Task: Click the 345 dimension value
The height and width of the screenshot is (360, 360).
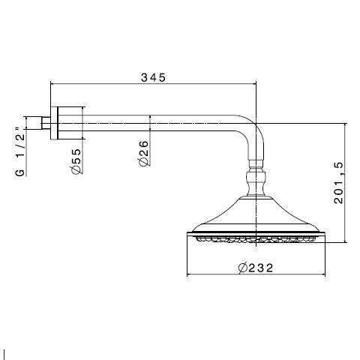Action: (152, 77)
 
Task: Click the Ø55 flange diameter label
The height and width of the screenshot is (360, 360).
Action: (76, 160)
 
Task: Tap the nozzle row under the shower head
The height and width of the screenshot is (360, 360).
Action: (256, 240)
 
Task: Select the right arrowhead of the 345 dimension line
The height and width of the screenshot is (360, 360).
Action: (254, 84)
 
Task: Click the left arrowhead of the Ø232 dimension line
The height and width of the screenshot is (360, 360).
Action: (189, 274)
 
